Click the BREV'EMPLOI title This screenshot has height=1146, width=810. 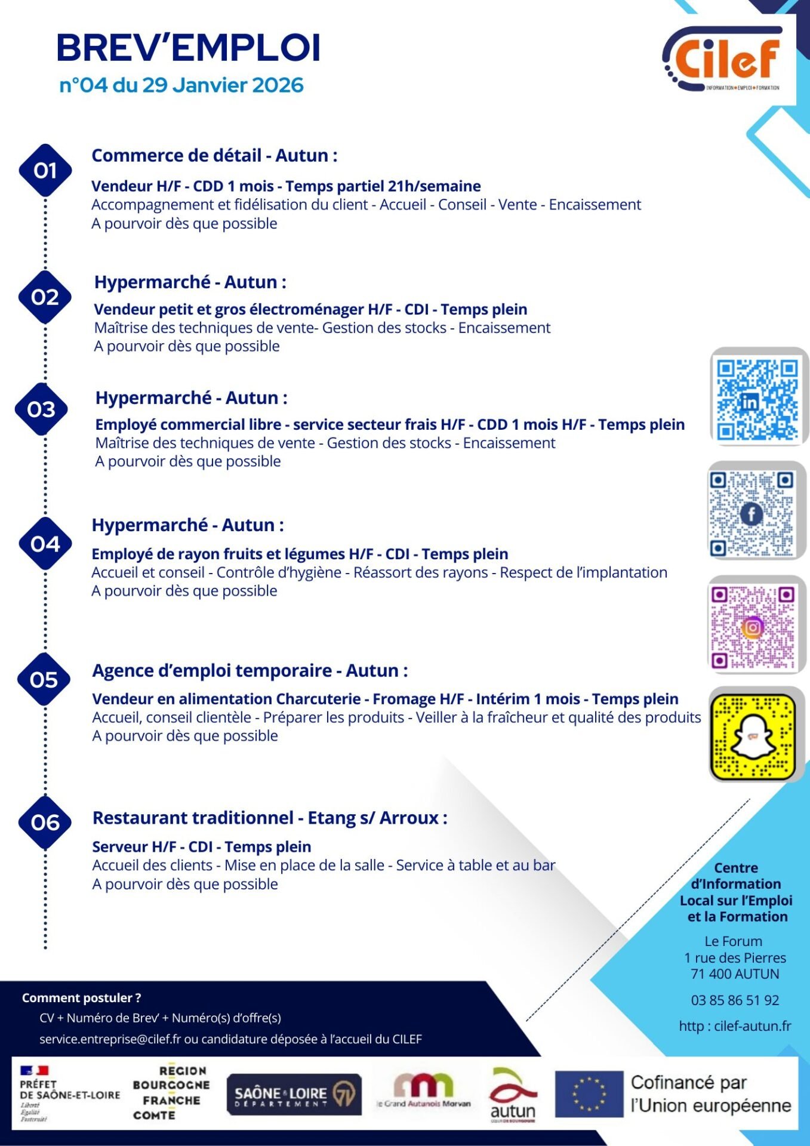(x=189, y=48)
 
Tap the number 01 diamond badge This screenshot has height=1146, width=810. (x=45, y=171)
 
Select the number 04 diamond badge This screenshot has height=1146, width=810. (x=45, y=544)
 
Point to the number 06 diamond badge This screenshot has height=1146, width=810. (x=45, y=822)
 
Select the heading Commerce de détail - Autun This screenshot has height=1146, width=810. (x=214, y=156)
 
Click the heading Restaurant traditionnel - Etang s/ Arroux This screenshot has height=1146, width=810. (x=270, y=818)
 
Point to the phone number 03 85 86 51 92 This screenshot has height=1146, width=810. (x=735, y=1000)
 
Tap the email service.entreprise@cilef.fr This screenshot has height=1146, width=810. (x=110, y=1039)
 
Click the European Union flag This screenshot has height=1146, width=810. (x=589, y=1094)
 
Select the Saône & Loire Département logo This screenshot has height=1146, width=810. (x=294, y=1094)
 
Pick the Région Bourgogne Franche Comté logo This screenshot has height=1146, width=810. (x=171, y=1093)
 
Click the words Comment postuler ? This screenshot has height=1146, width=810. (x=82, y=997)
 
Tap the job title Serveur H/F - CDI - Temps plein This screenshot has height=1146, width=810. (x=202, y=847)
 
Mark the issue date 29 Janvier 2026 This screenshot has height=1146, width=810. (x=223, y=85)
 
